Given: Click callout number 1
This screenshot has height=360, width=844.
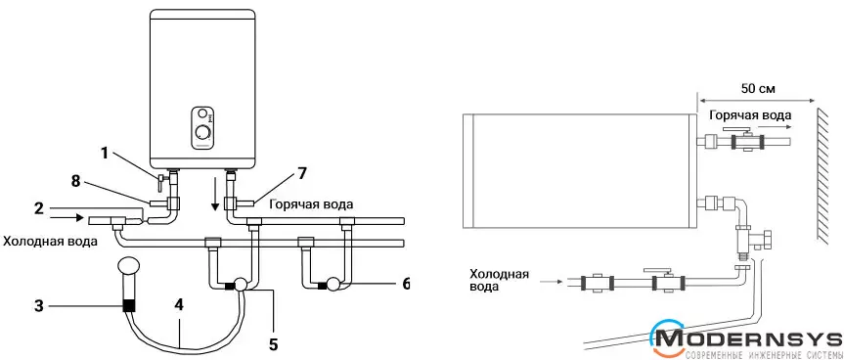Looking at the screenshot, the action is point(106,154).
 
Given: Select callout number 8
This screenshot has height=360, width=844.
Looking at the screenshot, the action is point(75,181).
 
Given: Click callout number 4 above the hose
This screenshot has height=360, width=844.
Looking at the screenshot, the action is point(179,305).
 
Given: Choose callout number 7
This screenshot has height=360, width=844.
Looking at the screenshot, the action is point(302,174).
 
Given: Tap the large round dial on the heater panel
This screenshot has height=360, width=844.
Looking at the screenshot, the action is point(202,133).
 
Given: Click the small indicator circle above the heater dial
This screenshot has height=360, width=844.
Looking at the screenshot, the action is point(201,113).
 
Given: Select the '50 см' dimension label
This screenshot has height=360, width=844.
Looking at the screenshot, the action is point(758,89).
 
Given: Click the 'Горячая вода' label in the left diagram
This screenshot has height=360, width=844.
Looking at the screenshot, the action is point(312,204).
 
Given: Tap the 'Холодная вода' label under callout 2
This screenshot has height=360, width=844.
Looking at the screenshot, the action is point(51,242).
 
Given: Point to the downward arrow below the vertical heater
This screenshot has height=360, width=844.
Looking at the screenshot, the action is point(215,199).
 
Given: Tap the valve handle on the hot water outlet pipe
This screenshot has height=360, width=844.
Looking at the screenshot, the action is point(736,131).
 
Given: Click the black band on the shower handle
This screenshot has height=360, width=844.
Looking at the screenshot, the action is point(129,305).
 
